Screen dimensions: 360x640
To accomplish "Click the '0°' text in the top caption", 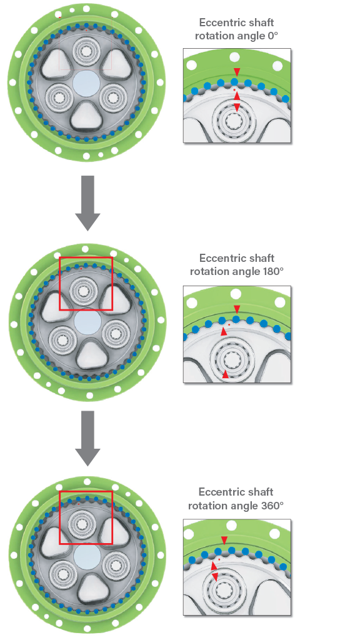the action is (x=272, y=36).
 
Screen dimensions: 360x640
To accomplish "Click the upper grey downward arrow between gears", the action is (x=87, y=203).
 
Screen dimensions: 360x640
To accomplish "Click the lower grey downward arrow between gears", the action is (x=87, y=438).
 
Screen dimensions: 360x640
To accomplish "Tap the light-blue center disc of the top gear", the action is (x=86, y=83).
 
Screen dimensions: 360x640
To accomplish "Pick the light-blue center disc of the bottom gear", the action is (x=87, y=556).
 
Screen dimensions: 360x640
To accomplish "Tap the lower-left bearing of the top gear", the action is (x=58, y=97).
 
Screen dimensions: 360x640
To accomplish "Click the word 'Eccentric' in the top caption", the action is (x=216, y=22).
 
